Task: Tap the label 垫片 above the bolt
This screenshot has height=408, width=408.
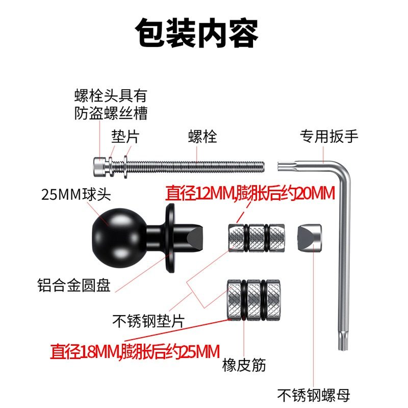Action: coord(125,136)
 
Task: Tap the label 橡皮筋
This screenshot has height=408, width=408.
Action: coord(244,365)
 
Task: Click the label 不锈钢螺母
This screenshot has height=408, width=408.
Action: coord(314,394)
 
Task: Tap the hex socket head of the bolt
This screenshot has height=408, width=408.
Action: coord(100,166)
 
